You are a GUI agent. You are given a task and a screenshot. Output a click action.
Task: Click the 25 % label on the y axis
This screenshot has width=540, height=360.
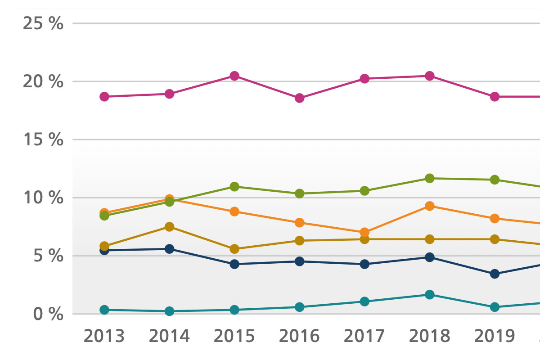(x=43, y=23)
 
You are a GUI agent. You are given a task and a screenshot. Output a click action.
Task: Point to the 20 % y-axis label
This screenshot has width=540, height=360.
(x=43, y=82)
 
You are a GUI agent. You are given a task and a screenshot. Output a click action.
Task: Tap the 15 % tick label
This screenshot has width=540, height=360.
(x=43, y=140)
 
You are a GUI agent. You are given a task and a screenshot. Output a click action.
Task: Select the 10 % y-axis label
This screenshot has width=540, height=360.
(x=43, y=198)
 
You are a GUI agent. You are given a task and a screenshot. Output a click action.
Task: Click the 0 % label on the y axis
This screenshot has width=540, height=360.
(x=48, y=314)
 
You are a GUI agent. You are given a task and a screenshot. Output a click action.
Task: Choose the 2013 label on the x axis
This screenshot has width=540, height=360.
(x=104, y=336)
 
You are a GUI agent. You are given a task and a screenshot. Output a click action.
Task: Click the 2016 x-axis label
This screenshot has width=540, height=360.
(x=300, y=336)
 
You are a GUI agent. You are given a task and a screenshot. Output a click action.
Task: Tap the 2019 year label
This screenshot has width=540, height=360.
(x=495, y=336)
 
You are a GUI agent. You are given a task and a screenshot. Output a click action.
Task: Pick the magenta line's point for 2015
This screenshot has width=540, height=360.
(x=234, y=76)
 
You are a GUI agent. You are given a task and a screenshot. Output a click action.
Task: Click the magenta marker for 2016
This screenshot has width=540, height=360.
(x=300, y=98)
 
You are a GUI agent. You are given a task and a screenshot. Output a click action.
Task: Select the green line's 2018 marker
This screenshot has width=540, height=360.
(x=430, y=178)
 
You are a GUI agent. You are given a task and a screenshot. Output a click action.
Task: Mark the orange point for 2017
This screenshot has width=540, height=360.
(x=364, y=233)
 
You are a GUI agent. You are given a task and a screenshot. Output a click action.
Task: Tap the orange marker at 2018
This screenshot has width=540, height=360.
(x=430, y=206)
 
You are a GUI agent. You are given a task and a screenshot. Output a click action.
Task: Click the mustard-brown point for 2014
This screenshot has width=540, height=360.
(x=170, y=227)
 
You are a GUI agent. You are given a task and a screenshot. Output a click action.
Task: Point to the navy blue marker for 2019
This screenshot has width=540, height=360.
(x=495, y=274)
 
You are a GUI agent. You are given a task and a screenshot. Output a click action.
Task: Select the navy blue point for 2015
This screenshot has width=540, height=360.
(x=234, y=264)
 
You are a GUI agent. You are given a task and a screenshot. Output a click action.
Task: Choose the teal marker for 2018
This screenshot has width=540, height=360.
(x=430, y=295)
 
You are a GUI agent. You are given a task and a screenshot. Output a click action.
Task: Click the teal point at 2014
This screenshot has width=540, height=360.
(x=170, y=311)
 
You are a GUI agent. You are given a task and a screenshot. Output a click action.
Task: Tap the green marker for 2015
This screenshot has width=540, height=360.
(x=234, y=187)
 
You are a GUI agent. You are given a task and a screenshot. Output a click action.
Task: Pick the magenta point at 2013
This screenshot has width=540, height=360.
(x=104, y=97)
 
